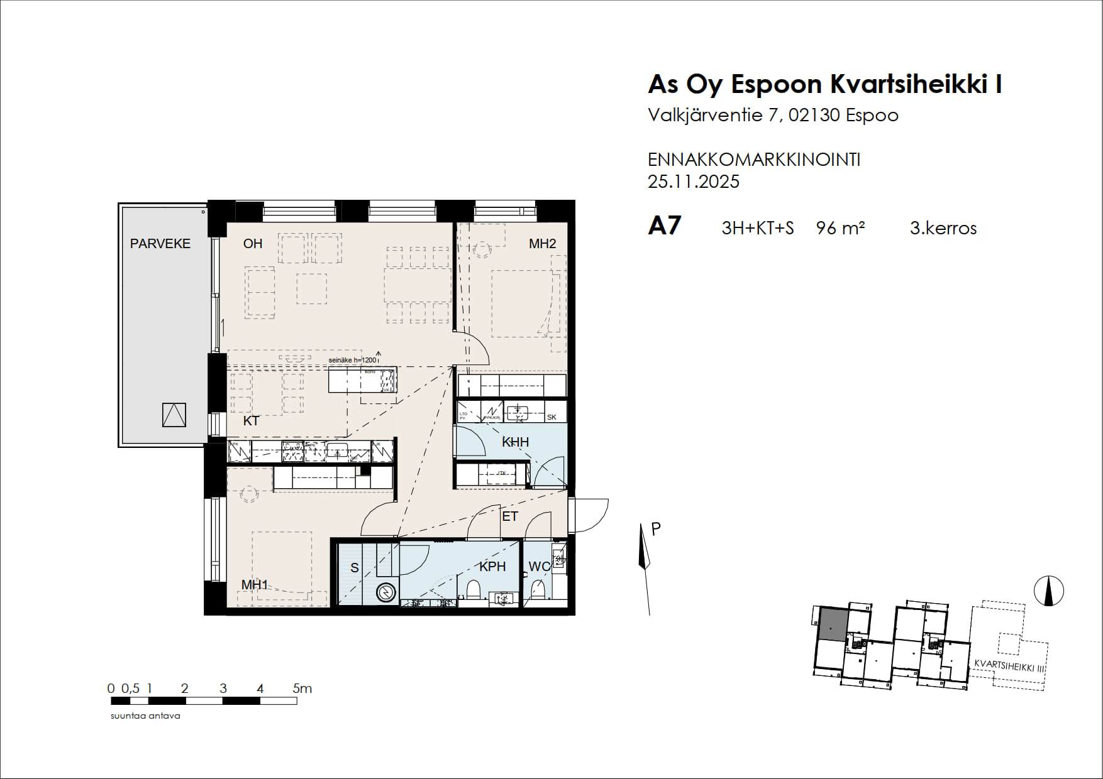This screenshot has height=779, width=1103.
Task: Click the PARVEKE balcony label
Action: [x=160, y=244]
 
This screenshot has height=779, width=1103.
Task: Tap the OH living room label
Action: [x=253, y=244]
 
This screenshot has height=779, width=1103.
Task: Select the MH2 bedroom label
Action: [x=542, y=244]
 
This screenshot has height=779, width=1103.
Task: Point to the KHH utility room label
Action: [x=515, y=442]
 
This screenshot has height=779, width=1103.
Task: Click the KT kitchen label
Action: [x=251, y=421]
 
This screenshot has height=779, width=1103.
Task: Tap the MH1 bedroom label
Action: [x=255, y=585]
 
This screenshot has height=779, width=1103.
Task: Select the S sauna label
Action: [x=355, y=568]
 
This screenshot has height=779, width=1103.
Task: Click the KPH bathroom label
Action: [x=492, y=567]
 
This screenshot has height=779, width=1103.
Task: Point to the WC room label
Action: [x=539, y=567]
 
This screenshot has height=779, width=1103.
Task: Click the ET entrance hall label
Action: [x=509, y=516]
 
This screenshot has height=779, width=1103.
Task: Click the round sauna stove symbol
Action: [x=385, y=592]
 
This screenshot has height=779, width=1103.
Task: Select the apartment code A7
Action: [x=665, y=226]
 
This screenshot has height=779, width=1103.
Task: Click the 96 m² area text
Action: [x=840, y=228]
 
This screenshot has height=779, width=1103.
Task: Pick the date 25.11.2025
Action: [x=694, y=182]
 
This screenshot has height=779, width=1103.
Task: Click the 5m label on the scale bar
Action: [x=302, y=689]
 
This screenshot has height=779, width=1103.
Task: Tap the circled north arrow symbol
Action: [x=1048, y=591]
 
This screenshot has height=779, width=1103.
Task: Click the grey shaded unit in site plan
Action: [x=833, y=625]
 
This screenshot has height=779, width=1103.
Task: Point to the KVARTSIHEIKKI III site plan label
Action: [x=1009, y=666]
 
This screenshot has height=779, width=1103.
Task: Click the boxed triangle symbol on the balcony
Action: [x=174, y=415]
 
